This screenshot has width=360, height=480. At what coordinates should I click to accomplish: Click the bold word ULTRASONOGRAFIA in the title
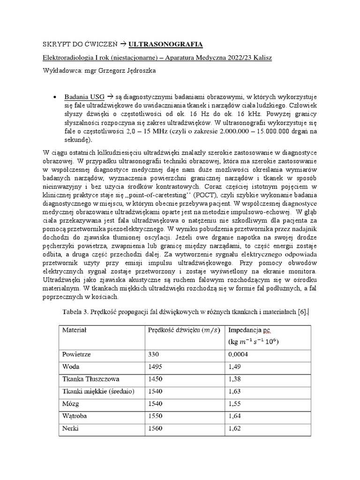pyautogui.click(x=165, y=44)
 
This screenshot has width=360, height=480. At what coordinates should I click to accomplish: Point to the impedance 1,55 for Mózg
pyautogui.click(x=234, y=403)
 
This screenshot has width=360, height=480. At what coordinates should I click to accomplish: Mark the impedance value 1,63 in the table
pyautogui.click(x=234, y=391)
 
